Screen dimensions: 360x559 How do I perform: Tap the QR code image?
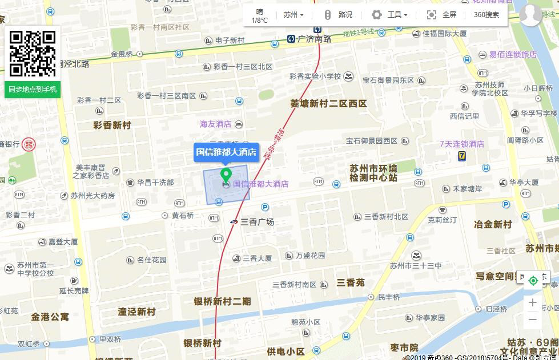[33, 54]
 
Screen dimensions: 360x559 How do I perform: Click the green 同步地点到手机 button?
[33, 89]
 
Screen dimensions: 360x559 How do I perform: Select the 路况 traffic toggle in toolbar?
[339, 15]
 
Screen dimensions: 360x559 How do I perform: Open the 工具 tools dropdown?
[390, 15]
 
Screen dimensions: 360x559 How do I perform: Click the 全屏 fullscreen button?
[442, 15]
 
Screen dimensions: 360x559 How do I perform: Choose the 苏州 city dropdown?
[293, 15]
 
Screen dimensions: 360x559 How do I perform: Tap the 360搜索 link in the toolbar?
[486, 15]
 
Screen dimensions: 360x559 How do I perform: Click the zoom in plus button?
[533, 302]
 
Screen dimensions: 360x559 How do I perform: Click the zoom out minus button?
[533, 319]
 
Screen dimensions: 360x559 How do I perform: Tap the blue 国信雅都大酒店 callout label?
[226, 152]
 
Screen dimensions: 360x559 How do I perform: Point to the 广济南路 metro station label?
[310, 39]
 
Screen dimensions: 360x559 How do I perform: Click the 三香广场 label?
[257, 222]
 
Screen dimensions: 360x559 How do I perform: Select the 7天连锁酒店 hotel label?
[461, 144]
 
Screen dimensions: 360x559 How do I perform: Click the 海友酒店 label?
[215, 124]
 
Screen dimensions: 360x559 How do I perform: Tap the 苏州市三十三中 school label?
[416, 265]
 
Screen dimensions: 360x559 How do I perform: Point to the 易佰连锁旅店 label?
[513, 54]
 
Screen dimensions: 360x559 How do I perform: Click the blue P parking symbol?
[265, 207]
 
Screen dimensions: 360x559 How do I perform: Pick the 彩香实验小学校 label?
[315, 76]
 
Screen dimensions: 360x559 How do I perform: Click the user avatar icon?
[530, 15]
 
